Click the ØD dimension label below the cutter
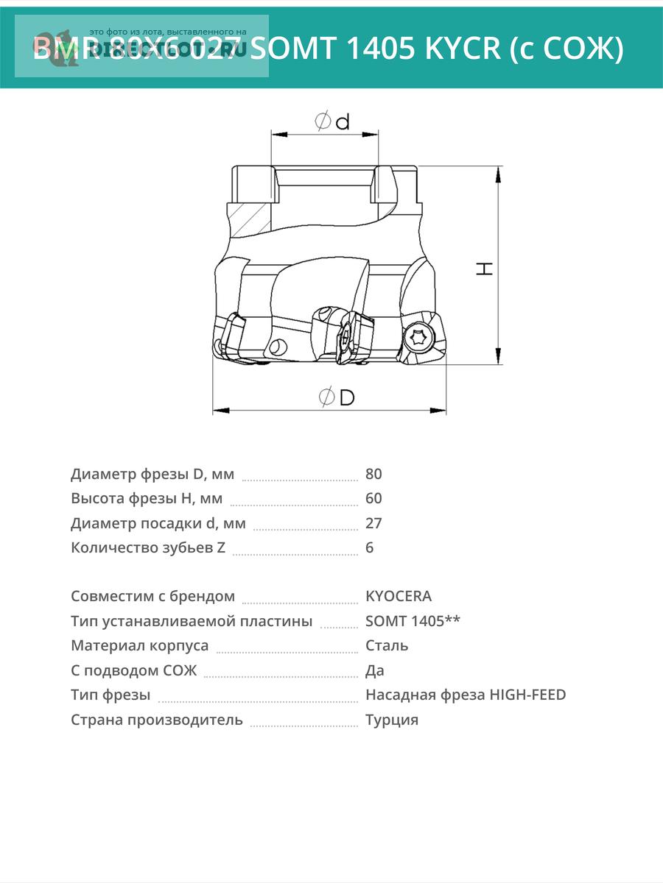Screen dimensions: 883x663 click(x=337, y=397)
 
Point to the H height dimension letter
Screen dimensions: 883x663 click(x=484, y=268)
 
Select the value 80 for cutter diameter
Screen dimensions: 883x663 click(x=373, y=474)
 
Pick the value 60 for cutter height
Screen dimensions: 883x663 click(x=373, y=498)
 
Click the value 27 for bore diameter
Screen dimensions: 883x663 click(x=373, y=523)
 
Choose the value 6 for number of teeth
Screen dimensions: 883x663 click(x=369, y=547)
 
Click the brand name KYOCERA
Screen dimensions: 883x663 click(x=399, y=596)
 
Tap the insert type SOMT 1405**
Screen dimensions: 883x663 click(x=413, y=621)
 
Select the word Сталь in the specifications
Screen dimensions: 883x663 click(x=387, y=645)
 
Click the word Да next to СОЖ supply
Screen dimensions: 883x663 click(x=374, y=670)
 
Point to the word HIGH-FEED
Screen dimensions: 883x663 click(x=527, y=695)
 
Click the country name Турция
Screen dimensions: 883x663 click(x=392, y=720)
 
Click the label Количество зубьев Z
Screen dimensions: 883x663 click(x=148, y=547)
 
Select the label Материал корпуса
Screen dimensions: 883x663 click(x=140, y=645)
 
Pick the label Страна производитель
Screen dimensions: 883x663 click(x=157, y=720)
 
